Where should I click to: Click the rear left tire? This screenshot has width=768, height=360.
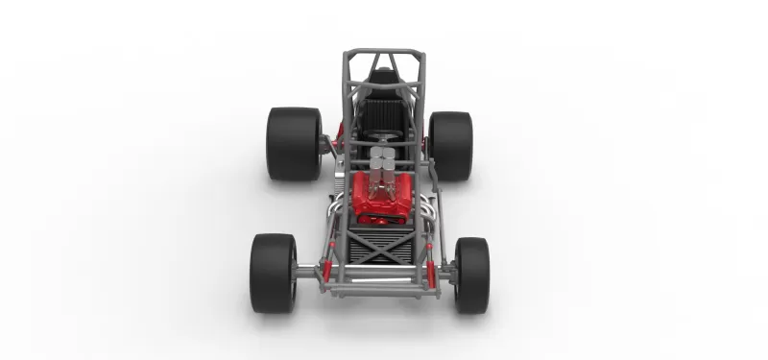click(x=293, y=144)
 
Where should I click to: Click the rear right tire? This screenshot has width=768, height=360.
click(x=450, y=146)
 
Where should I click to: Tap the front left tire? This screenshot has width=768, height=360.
click(x=274, y=273)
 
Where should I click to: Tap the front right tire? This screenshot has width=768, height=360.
click(x=471, y=275)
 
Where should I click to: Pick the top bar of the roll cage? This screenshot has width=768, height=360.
click(x=383, y=52)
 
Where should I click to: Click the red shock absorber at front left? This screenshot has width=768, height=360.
click(x=327, y=259)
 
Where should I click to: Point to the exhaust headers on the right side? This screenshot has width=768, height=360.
click(x=428, y=205)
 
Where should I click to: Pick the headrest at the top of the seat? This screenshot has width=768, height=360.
click(x=384, y=77)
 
